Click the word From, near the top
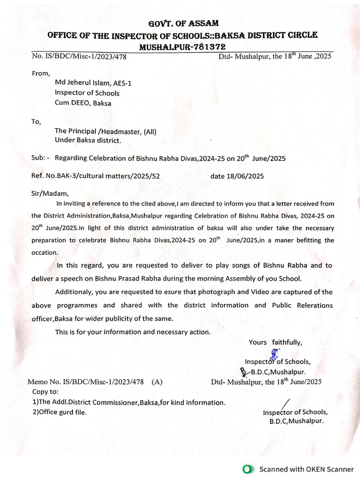pos(41,73)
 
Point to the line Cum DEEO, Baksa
pos(83,103)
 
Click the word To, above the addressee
pos(37,121)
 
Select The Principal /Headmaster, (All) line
pos(105,131)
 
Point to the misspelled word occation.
pos(45,252)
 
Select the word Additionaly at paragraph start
pos(74,292)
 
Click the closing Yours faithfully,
pos(276,342)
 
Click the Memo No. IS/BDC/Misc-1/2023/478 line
pos(95,382)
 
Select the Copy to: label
pos(45,391)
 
